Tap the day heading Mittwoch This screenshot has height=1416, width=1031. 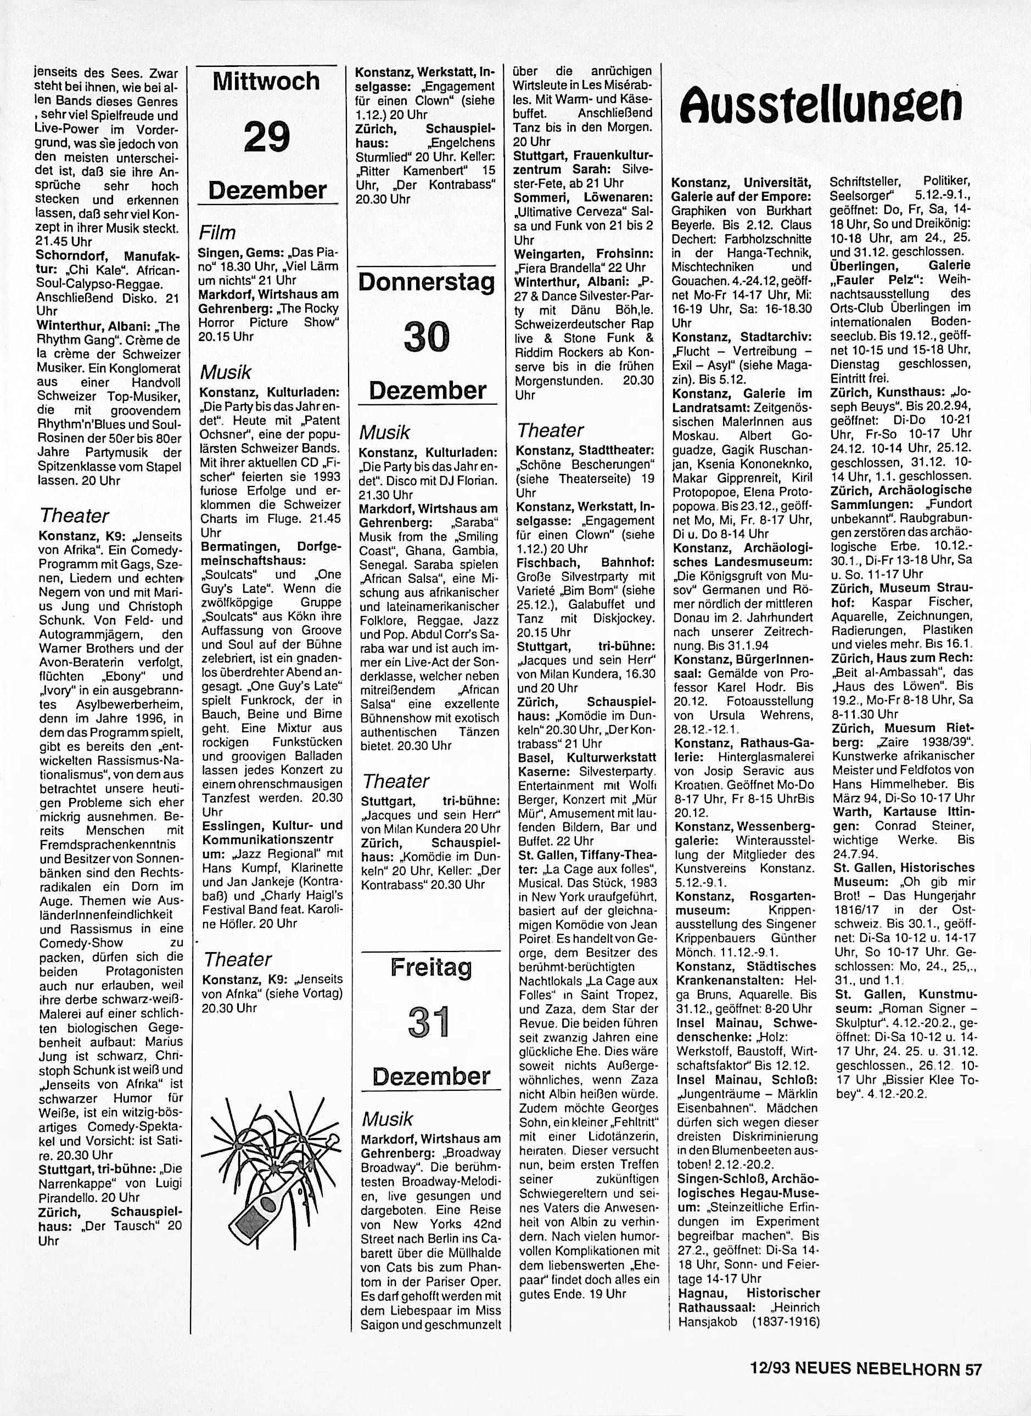tap(266, 81)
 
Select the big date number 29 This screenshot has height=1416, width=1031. tap(267, 137)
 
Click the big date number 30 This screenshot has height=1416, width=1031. tap(427, 337)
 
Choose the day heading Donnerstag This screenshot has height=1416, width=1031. tap(427, 282)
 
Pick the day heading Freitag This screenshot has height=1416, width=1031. tap(430, 968)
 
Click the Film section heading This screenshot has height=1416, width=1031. tap(217, 233)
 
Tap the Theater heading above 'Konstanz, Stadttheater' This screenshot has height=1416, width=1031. tap(551, 430)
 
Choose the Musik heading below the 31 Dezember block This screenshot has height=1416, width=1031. tap(388, 1119)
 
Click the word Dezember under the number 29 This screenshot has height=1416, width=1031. tap(267, 190)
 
